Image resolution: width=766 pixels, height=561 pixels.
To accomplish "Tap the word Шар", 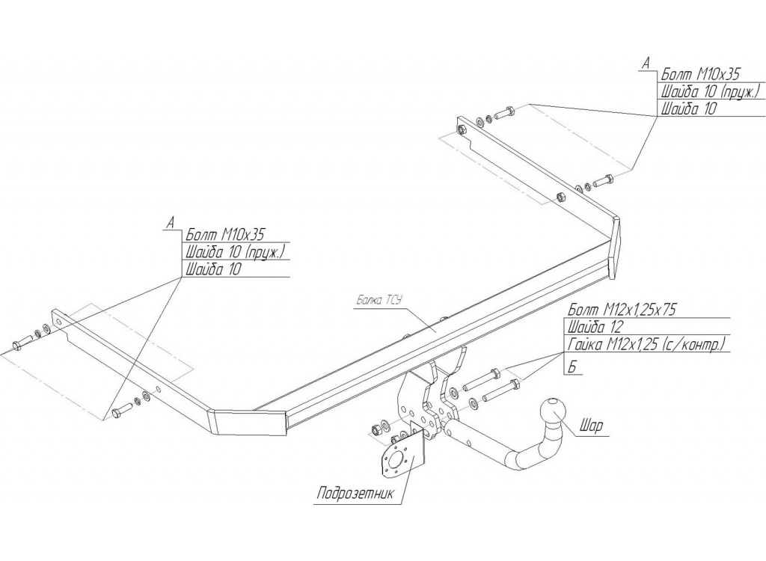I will pyautogui.click(x=591, y=427).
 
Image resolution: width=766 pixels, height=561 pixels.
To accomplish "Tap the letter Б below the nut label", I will pyautogui.click(x=573, y=367).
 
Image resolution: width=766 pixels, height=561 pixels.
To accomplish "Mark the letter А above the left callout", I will pyautogui.click(x=171, y=222).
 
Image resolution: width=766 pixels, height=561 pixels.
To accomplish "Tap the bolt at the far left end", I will pyautogui.click(x=21, y=343).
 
